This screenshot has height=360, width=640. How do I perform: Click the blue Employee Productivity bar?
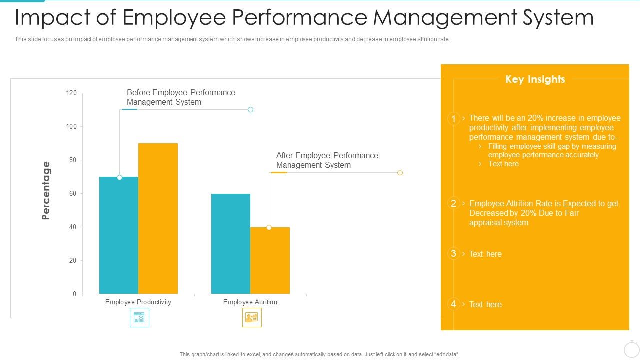pos(119,235)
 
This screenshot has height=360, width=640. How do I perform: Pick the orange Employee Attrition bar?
pos(270,260)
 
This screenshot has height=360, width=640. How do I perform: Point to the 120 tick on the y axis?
pos(71,93)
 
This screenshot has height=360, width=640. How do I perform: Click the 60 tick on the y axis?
pos(73,194)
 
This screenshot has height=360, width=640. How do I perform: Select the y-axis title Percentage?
pos(46,190)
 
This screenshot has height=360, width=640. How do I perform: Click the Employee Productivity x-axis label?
pos(138,302)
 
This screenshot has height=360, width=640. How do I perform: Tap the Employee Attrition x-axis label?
pos(250,302)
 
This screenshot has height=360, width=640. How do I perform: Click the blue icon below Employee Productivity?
pos(139,317)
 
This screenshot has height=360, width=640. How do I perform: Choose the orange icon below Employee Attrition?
pos(251,317)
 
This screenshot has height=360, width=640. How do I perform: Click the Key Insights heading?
pos(535,79)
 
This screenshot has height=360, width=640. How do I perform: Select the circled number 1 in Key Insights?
pos(453,119)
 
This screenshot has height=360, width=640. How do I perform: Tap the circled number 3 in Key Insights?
pos(453,254)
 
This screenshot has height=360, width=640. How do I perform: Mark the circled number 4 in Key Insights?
pos(453,304)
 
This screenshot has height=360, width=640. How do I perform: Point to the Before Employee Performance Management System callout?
pos(181,97)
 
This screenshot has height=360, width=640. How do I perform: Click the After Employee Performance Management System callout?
pos(327,160)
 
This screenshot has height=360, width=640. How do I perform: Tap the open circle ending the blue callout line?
pos(251,109)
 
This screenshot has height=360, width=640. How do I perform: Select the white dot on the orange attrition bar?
pos(269,227)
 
